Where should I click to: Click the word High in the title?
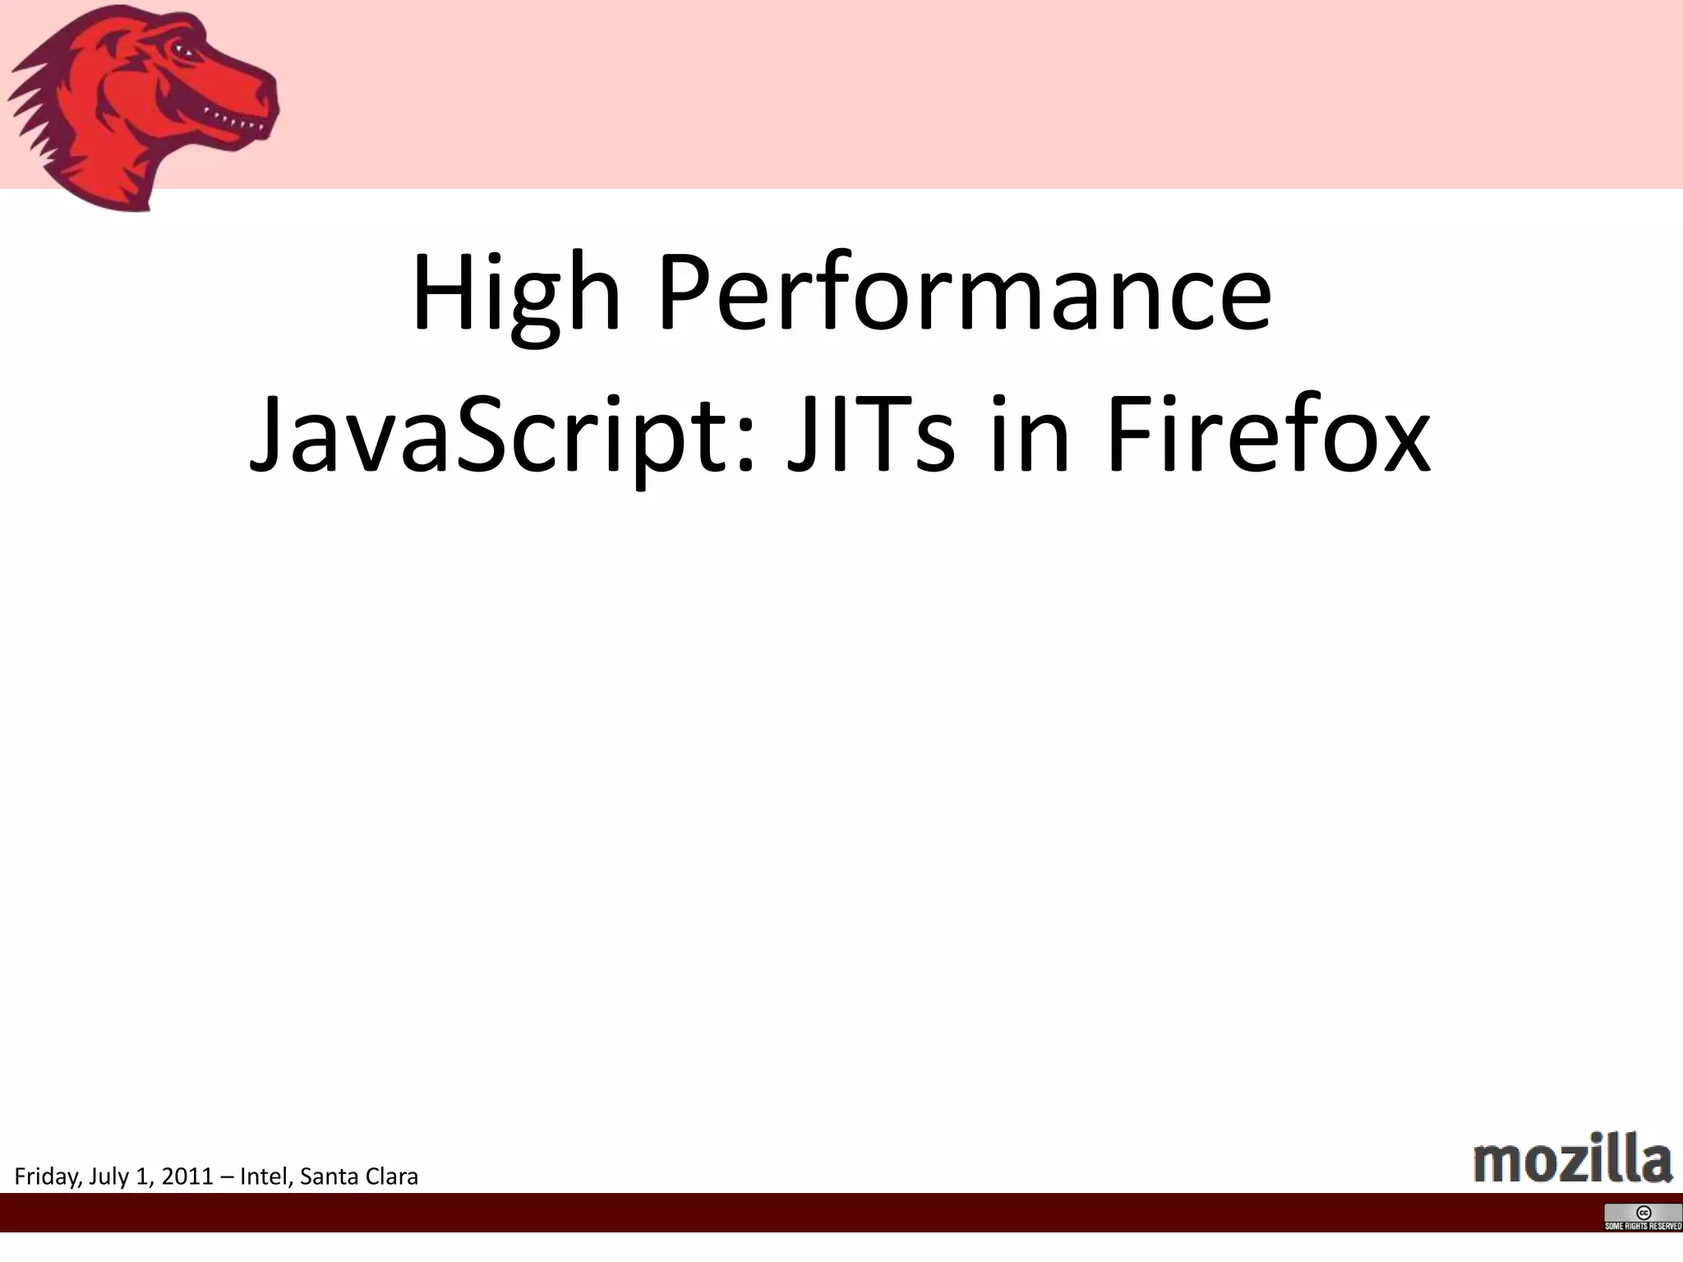point(516,294)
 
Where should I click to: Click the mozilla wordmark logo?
point(1573,1157)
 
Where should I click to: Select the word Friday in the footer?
point(48,1177)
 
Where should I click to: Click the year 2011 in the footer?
point(187,1177)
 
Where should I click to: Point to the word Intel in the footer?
point(261,1177)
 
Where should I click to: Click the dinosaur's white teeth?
point(234,122)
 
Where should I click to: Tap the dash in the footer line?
point(227,1177)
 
